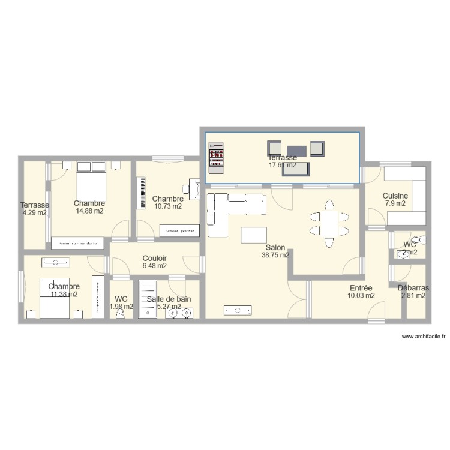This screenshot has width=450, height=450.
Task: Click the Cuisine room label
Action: pos(395,196)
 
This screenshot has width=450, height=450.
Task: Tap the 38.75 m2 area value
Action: pos(275,255)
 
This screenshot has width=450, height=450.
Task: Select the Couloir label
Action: pos(155,259)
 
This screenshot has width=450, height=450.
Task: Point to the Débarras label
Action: pos(413,288)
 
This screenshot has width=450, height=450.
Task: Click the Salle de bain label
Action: pos(169,299)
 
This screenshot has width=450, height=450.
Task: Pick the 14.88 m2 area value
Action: pos(89,211)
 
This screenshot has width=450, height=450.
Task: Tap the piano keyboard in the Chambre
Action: pos(142,193)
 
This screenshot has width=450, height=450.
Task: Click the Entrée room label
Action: pos(361,288)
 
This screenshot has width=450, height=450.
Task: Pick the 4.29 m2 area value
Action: pos(35,212)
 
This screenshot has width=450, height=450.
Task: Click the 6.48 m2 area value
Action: pos(155,266)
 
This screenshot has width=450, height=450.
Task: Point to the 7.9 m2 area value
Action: pos(395,203)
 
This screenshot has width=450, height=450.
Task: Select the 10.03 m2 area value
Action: pos(361,295)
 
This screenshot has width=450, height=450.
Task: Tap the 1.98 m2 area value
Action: pos(121,307)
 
